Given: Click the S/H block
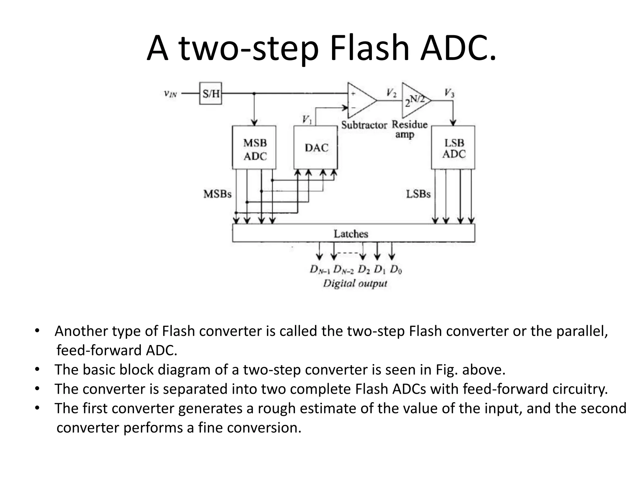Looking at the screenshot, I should point(210,93).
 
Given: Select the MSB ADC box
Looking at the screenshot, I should point(254,148).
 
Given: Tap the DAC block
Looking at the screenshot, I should point(316,148).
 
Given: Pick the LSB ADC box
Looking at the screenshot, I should point(453,148).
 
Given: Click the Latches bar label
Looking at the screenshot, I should point(351,234).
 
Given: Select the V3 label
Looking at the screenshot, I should point(449,93).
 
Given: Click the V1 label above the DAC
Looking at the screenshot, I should point(307,119).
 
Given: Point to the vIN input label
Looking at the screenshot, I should point(170,93).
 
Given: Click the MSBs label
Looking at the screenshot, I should point(217,194).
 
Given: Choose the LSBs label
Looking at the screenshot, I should point(418,194).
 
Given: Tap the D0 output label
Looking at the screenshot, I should point(396,269).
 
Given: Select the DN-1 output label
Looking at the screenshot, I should point(320,270).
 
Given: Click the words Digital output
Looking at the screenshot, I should point(355,284).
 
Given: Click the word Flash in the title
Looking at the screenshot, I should point(369,49).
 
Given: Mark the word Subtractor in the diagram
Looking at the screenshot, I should point(364,125).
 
